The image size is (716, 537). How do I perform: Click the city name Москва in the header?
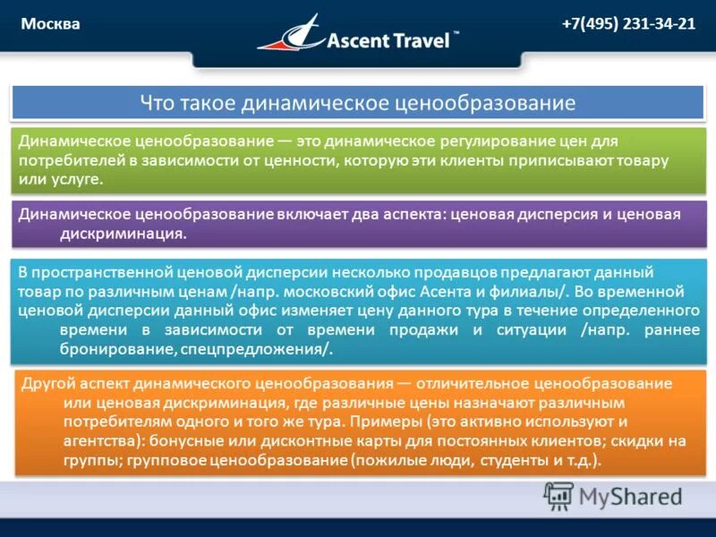click(51, 24)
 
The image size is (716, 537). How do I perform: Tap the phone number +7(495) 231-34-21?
click(628, 24)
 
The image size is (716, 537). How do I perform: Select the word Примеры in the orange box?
click(379, 422)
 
